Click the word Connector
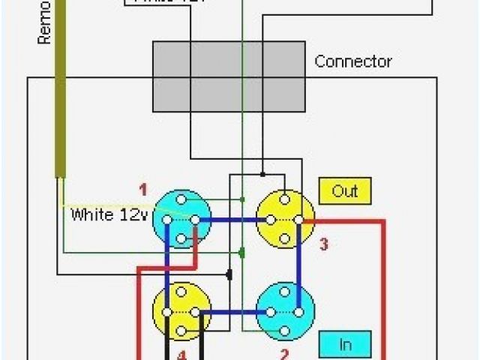352,61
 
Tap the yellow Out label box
344,191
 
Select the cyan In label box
345,344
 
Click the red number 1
143,188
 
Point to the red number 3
324,244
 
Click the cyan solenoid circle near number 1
181,219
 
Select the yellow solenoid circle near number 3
284,219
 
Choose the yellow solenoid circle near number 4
181,311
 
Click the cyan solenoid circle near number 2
284,311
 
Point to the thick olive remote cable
58,112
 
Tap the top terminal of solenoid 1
181,199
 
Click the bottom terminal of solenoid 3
284,239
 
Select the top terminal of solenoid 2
284,292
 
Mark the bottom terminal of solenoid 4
181,331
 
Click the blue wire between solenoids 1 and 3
232,220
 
